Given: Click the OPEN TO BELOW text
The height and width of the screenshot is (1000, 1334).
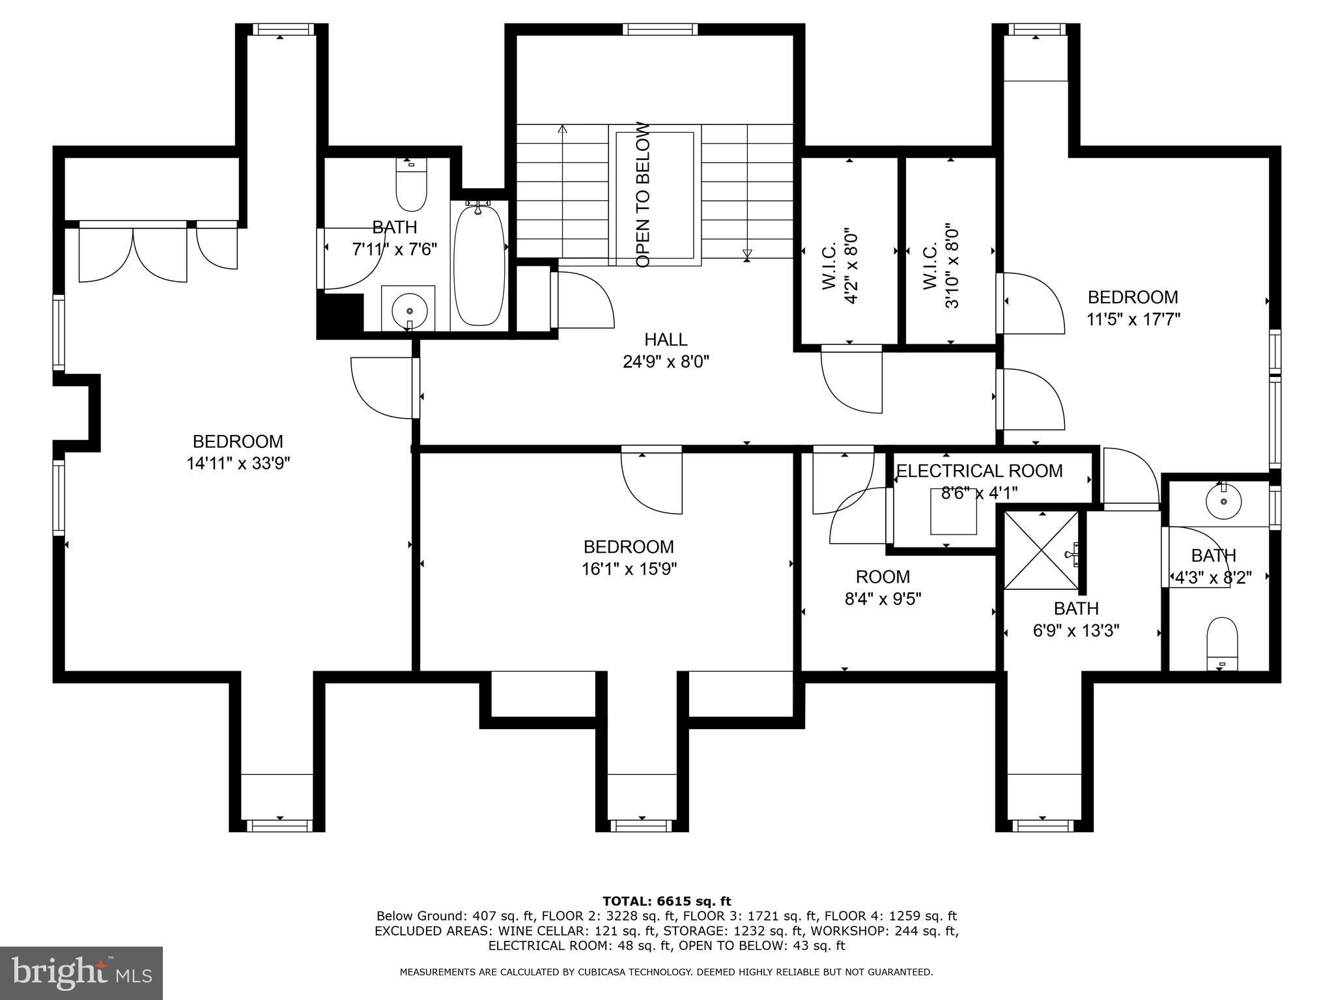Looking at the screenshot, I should (x=643, y=195).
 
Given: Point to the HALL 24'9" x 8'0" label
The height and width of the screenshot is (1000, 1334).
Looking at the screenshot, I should (x=666, y=350).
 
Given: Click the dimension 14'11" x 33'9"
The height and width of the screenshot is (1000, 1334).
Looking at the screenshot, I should (x=238, y=464).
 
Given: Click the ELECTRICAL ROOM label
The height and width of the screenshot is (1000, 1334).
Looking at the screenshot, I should (x=979, y=471).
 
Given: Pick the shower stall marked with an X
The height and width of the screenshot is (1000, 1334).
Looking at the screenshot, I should (x=1040, y=551).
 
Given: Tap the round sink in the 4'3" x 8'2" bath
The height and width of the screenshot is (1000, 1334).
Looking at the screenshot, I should (x=1223, y=501).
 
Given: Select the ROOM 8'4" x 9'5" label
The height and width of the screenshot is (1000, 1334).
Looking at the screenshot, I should (x=883, y=587).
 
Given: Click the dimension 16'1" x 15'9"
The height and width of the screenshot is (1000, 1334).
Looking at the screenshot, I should (x=629, y=569).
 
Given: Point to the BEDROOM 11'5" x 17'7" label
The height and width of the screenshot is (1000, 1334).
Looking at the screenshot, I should (x=1133, y=308).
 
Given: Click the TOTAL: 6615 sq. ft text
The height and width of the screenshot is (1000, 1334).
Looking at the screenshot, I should (x=666, y=902).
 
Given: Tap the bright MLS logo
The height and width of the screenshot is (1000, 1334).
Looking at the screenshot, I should (x=81, y=973).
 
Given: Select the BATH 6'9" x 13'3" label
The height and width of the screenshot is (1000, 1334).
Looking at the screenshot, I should (x=1076, y=619).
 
